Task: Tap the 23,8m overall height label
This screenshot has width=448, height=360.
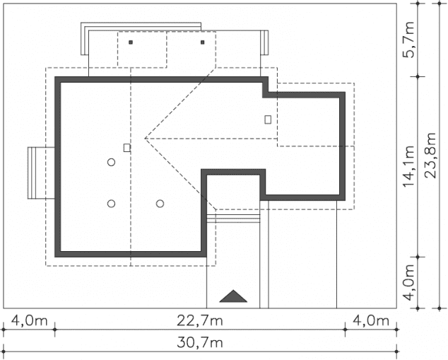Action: (x=430, y=156)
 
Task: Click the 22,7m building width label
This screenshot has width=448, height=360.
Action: (x=200, y=321)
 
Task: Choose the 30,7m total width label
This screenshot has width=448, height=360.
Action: (x=200, y=342)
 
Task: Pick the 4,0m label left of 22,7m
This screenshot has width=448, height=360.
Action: (x=30, y=321)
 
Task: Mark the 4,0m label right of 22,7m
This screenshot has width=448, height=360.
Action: (x=371, y=321)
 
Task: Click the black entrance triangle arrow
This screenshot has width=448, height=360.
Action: (x=233, y=296)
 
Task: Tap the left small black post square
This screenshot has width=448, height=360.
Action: (x=131, y=42)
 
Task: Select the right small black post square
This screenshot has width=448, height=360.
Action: (x=203, y=42)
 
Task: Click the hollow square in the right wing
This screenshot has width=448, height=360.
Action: (x=268, y=120)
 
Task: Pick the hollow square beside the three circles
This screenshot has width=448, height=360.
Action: (x=127, y=148)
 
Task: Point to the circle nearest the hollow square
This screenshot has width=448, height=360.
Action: (x=112, y=163)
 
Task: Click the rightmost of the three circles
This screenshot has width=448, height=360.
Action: (x=160, y=204)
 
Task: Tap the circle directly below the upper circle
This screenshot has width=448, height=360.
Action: (x=112, y=204)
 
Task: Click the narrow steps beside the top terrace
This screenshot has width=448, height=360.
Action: (x=264, y=42)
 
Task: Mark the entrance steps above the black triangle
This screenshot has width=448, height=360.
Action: (x=233, y=219)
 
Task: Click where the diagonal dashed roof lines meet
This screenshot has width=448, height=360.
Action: (x=145, y=139)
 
